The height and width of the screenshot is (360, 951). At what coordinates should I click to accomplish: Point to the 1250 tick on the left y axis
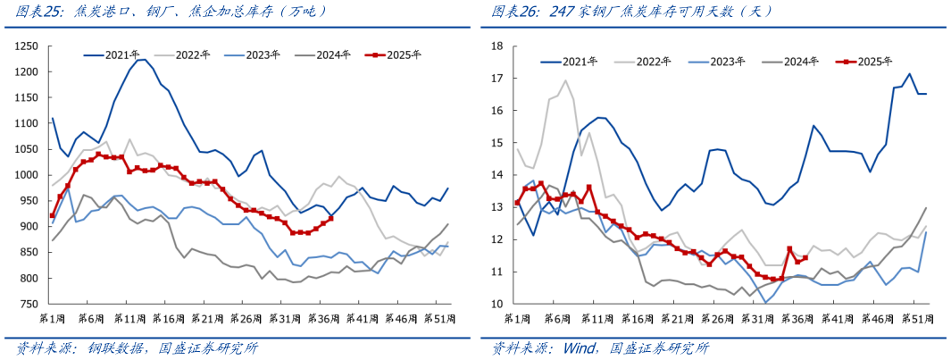click(x=27, y=46)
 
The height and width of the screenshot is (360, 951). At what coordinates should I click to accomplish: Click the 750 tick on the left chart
click(x=29, y=305)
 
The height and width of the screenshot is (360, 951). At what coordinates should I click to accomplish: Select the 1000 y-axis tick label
click(x=27, y=175)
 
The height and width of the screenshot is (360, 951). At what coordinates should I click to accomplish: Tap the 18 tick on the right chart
click(x=499, y=46)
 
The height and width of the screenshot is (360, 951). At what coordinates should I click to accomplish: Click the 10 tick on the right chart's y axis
click(x=499, y=305)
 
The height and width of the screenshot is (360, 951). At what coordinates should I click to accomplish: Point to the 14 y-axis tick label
click(x=499, y=175)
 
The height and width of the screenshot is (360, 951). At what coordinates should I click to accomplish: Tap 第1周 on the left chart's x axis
click(x=53, y=318)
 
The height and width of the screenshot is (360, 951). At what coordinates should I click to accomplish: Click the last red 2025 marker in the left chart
click(x=330, y=218)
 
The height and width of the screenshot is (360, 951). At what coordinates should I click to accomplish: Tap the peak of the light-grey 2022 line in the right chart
click(x=565, y=80)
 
